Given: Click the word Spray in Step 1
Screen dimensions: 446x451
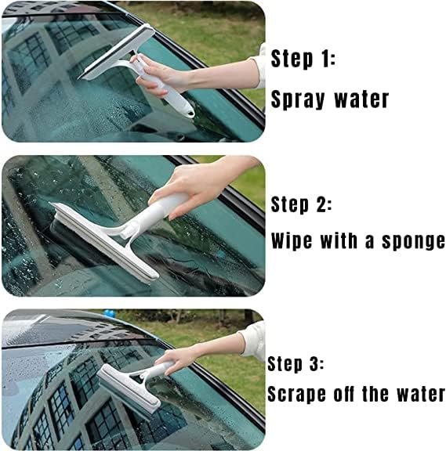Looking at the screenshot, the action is [x=298, y=99].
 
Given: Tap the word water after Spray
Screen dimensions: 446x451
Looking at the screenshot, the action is [x=361, y=99].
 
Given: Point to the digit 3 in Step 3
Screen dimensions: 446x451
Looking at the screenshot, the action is [x=314, y=363].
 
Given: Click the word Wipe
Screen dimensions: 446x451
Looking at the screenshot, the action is [x=292, y=240].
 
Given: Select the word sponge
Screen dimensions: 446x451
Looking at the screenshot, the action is [x=413, y=242].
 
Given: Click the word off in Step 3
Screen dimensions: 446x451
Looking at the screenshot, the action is [x=344, y=394].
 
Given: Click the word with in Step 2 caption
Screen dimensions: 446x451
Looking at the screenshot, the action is [x=339, y=240].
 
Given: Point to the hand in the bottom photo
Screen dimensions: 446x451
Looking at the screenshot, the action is [x=176, y=360].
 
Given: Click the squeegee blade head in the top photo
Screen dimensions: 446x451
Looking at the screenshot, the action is [x=116, y=52].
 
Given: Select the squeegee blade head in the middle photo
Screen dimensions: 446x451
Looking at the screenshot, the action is [x=103, y=242].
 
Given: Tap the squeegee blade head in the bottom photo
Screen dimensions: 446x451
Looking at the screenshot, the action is [x=128, y=391].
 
